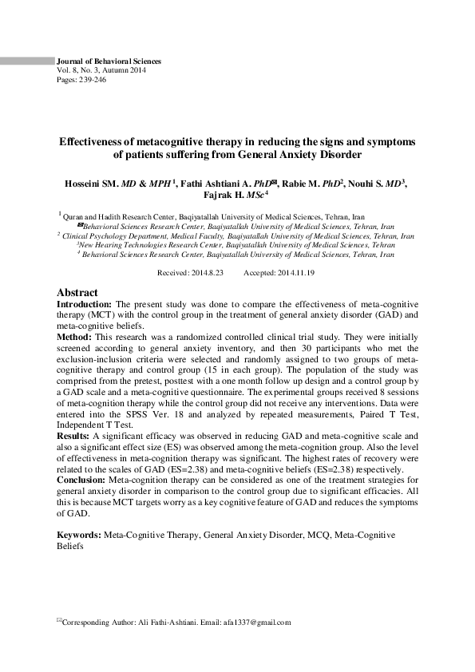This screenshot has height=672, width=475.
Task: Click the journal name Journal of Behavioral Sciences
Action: tap(109, 61)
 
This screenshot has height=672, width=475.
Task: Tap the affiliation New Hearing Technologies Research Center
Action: tap(152, 246)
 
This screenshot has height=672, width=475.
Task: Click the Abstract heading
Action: tap(77, 293)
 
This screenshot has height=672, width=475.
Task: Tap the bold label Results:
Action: tap(77, 437)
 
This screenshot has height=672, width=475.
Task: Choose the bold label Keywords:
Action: tap(79, 533)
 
